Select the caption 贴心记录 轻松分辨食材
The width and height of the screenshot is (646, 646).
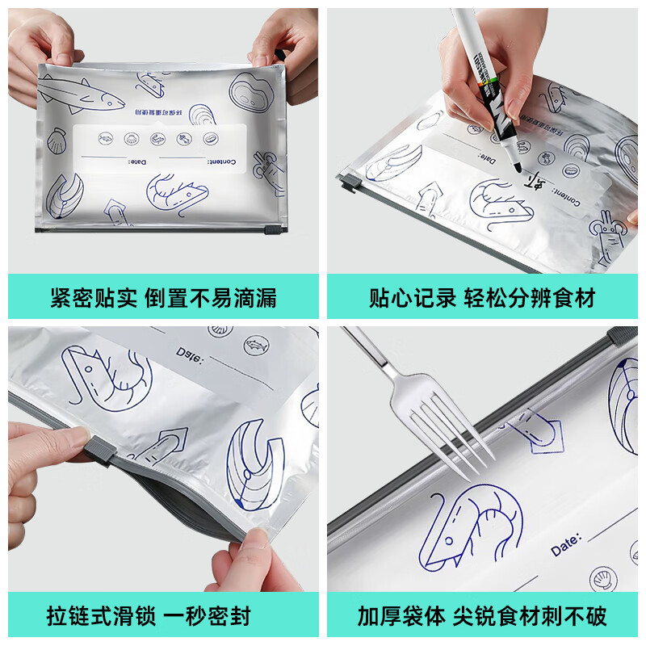(x=482, y=298)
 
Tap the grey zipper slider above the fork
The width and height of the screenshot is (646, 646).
(x=620, y=334)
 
